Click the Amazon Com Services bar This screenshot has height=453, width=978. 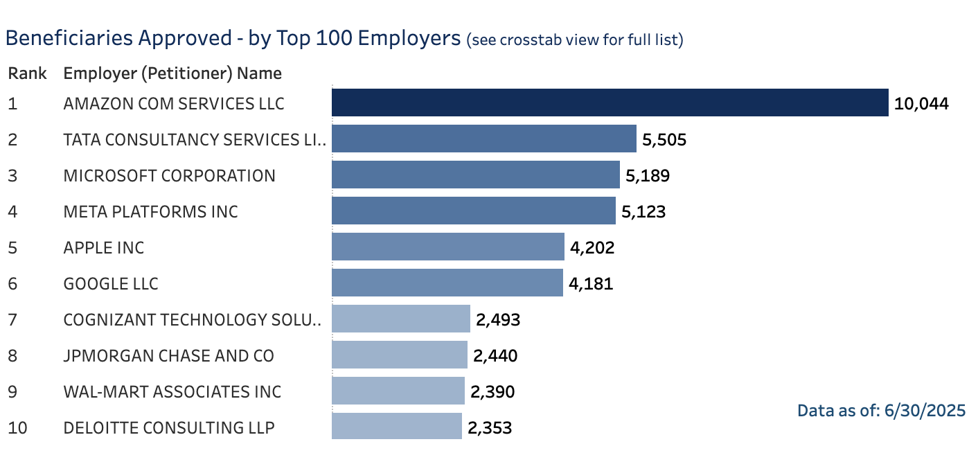click(x=610, y=103)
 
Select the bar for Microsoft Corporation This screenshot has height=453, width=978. click(x=475, y=175)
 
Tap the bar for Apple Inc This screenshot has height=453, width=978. click(x=448, y=247)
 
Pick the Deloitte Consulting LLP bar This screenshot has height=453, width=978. click(x=397, y=426)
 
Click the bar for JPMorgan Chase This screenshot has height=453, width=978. click(x=400, y=355)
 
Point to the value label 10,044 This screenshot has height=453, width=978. click(x=921, y=104)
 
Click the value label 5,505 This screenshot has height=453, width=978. click(x=664, y=140)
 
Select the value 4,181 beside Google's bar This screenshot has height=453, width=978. click(x=591, y=284)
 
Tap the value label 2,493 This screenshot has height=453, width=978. click(x=498, y=320)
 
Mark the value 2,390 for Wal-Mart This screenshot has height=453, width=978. click(x=492, y=392)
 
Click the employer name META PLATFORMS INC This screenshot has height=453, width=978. click(x=150, y=212)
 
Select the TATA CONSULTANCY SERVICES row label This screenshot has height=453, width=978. click(x=195, y=140)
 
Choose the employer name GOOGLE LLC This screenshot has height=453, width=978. click(x=111, y=284)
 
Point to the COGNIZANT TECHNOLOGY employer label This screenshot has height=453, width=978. click(x=192, y=320)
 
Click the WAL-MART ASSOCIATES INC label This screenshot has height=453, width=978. click(x=172, y=392)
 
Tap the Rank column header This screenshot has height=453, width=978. click(x=27, y=73)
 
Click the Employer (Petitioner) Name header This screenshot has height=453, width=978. click(x=172, y=73)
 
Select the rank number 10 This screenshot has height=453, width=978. click(x=17, y=427)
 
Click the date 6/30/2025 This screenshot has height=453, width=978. click(x=925, y=411)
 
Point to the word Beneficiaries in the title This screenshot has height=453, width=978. click(x=69, y=38)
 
